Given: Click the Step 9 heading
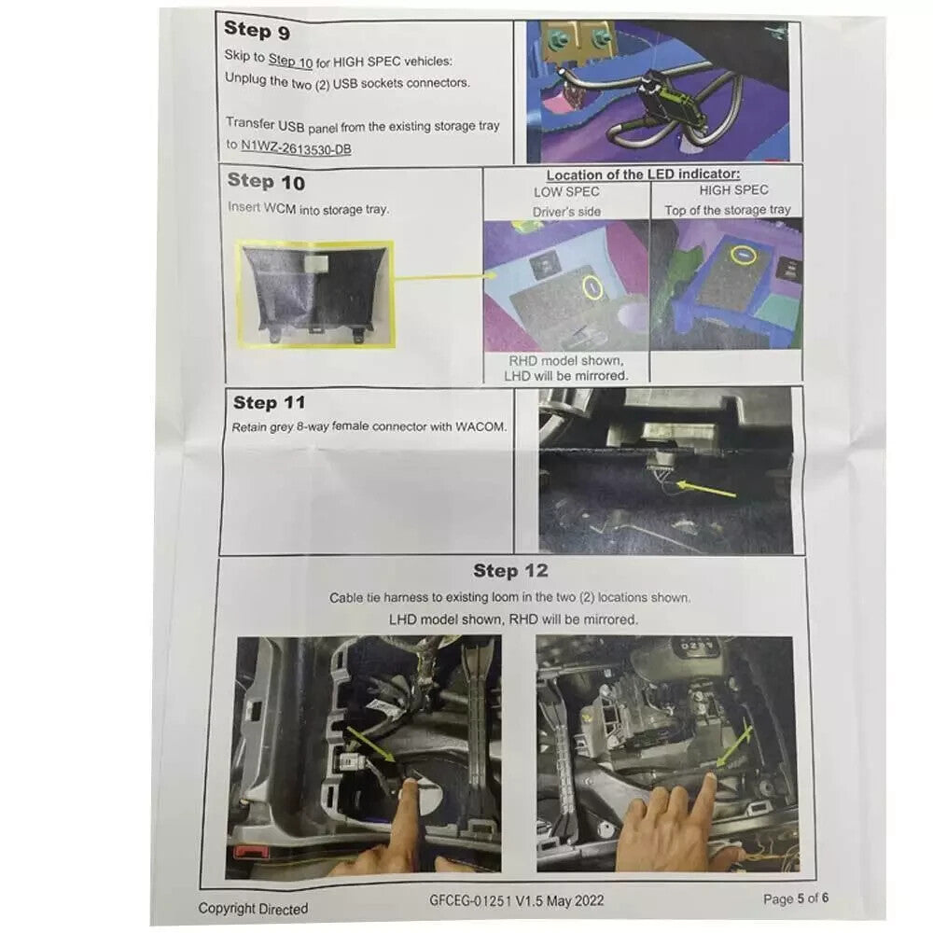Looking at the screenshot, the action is click(x=258, y=30).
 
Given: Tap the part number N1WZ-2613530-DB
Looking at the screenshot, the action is click(x=296, y=147).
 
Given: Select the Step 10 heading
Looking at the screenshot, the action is click(x=266, y=182).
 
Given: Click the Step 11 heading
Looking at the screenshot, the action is click(x=269, y=403).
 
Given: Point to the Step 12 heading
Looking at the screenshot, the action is click(x=510, y=571).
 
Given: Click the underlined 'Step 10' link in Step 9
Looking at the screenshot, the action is click(x=290, y=60).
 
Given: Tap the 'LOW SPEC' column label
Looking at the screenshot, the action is click(x=566, y=192).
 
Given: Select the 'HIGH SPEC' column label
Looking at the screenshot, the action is click(x=733, y=189).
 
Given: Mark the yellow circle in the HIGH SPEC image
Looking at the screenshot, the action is click(x=744, y=256).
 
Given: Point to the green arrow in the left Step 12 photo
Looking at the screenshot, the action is click(x=370, y=744).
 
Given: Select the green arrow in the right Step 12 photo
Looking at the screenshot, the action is click(x=734, y=745).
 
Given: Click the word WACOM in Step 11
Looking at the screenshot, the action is click(x=480, y=426).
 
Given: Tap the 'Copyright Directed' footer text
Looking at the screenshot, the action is click(x=253, y=909).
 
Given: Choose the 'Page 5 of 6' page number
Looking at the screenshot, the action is click(x=796, y=898).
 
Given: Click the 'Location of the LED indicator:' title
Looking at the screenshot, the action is click(x=643, y=174).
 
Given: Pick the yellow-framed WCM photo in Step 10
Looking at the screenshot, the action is click(x=316, y=294).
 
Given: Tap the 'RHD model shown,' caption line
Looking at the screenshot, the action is click(x=566, y=360).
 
